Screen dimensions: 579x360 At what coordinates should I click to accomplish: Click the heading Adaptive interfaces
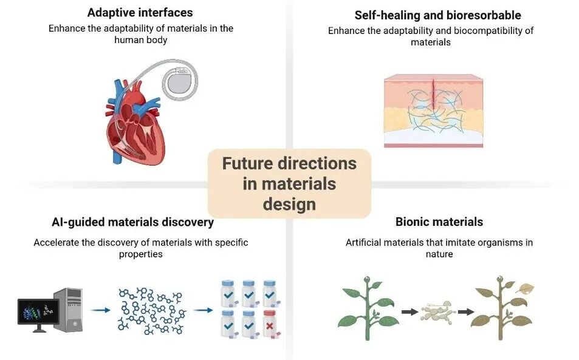pos(140,13)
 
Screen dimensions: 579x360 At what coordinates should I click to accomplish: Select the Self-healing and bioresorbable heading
pos(437,15)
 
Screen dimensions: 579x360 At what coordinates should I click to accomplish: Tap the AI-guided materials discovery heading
pos(132,222)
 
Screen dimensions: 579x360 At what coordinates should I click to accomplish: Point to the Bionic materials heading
pos(439,222)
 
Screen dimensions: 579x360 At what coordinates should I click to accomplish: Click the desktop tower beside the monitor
pos(69,309)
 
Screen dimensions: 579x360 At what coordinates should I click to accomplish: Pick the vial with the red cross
pos(270,324)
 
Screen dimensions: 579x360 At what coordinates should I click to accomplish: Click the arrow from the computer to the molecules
pos(100,310)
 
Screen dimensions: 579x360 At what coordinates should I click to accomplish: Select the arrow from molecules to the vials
pos(203,310)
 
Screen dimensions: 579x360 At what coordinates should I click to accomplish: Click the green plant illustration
pos(368,307)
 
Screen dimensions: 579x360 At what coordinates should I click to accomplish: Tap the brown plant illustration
pos(502,307)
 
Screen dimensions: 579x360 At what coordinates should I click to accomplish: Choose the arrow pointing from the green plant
pos(409,312)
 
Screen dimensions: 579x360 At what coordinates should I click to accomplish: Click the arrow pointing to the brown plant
pos(466,312)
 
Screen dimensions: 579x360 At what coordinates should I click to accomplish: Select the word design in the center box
pos(289,205)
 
